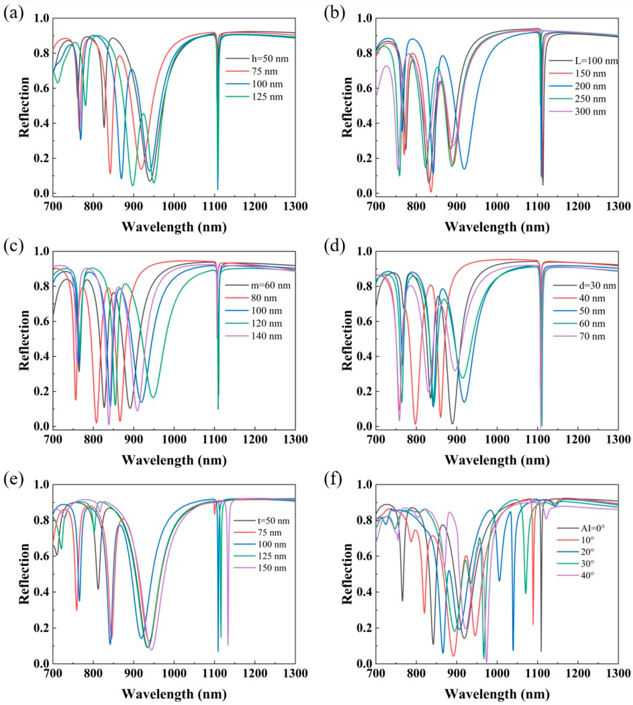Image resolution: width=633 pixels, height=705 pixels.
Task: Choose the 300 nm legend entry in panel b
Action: tap(590, 112)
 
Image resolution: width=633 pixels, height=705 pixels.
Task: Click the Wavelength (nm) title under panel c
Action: tap(174, 460)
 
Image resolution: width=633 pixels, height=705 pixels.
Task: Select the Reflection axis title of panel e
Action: tap(24, 574)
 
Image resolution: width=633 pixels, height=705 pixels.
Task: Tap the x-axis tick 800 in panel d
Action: tap(416, 440)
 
